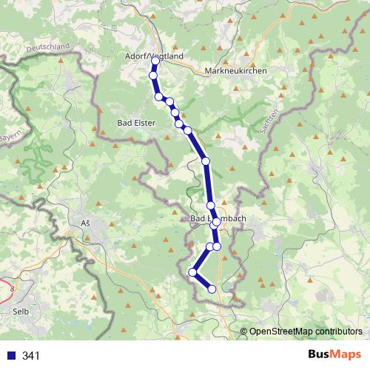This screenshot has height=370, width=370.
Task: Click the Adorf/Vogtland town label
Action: pos(154,56)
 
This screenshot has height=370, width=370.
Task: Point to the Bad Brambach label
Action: pos(218,218)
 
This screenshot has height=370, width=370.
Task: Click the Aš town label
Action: pos(83,223)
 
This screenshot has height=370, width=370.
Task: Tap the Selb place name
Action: pos(21,312)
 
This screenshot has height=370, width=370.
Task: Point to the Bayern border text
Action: pos(10,139)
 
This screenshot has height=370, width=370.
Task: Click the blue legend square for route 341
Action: pos(10,356)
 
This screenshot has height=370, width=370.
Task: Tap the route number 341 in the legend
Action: pos(30,356)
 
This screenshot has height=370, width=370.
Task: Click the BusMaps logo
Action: pos(334,355)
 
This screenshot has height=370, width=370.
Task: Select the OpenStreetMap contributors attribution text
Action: pos(305,331)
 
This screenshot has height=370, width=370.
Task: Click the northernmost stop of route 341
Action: pos(154,61)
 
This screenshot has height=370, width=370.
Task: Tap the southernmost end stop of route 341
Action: pos(212,289)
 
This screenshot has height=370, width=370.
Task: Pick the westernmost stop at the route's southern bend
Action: pos(192,272)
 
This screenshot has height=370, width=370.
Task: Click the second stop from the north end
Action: pos(153,75)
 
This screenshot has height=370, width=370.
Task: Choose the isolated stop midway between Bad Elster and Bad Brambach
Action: pos(206,161)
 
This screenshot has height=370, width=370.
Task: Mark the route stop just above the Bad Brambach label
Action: pos(210,206)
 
